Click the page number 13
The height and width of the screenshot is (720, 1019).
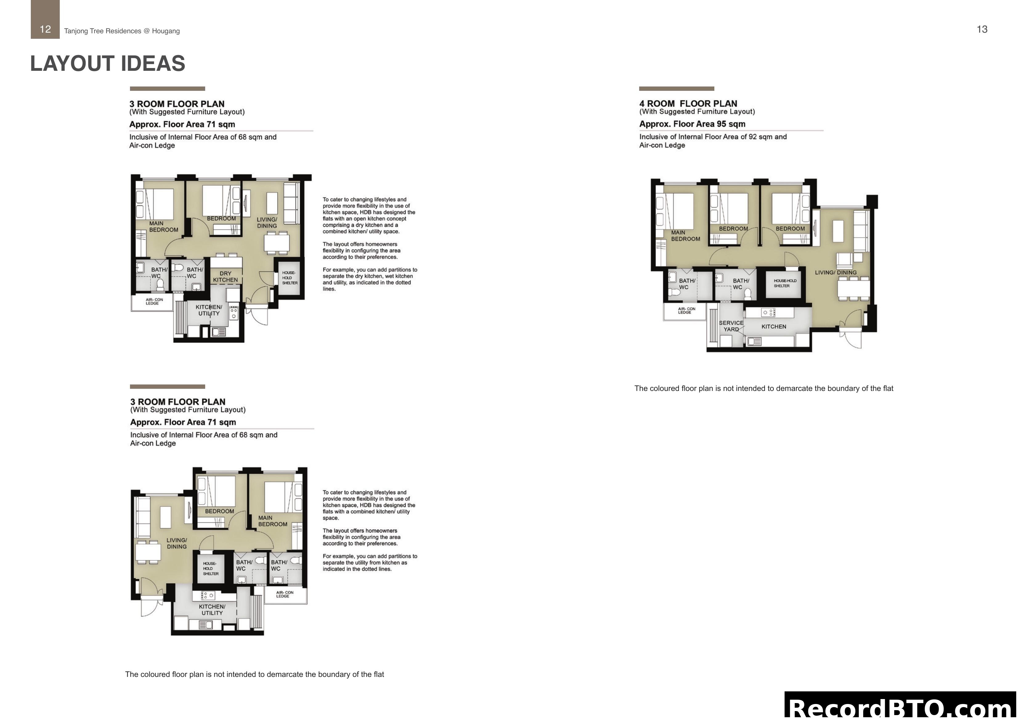pyautogui.click(x=982, y=29)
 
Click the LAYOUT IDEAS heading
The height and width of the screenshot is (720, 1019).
pyautogui.click(x=108, y=63)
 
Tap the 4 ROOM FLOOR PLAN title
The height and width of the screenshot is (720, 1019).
pyautogui.click(x=688, y=103)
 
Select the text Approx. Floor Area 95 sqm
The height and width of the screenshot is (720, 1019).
pyautogui.click(x=692, y=124)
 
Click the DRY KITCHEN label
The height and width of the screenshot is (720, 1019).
pyautogui.click(x=225, y=277)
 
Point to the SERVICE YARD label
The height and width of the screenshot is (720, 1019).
pyautogui.click(x=731, y=326)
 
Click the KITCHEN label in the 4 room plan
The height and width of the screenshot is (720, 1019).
pyautogui.click(x=773, y=327)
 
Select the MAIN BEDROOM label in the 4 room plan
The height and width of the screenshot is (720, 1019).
pyautogui.click(x=685, y=235)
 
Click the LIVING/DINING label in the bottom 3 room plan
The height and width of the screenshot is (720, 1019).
pyautogui.click(x=177, y=543)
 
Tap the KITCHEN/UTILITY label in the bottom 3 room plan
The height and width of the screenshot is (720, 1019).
pyautogui.click(x=212, y=609)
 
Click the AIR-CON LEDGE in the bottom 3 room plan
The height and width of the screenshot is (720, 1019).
pyautogui.click(x=285, y=594)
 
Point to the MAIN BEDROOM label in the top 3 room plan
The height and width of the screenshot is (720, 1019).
pyautogui.click(x=163, y=226)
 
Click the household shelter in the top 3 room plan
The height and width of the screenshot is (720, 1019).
pyautogui.click(x=289, y=278)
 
